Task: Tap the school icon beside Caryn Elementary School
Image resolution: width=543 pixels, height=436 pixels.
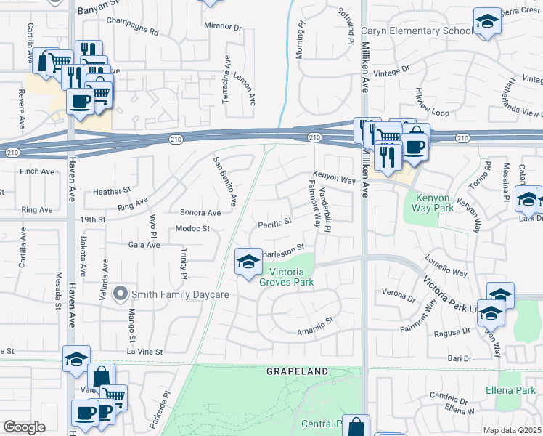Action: [487, 22]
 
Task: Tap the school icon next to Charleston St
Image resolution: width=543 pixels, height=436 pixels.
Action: [248, 262]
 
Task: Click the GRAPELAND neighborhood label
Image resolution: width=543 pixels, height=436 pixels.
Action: [297, 371]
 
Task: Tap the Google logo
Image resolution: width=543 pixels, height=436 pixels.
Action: [24, 427]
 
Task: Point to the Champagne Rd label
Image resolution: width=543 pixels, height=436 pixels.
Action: [132, 32]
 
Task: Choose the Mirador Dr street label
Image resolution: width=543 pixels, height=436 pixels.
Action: [222, 27]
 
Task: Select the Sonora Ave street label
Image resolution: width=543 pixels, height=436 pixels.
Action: [200, 213]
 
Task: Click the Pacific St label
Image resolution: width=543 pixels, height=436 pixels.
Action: [275, 221]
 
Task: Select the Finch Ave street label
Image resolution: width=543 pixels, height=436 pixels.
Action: [38, 171]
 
